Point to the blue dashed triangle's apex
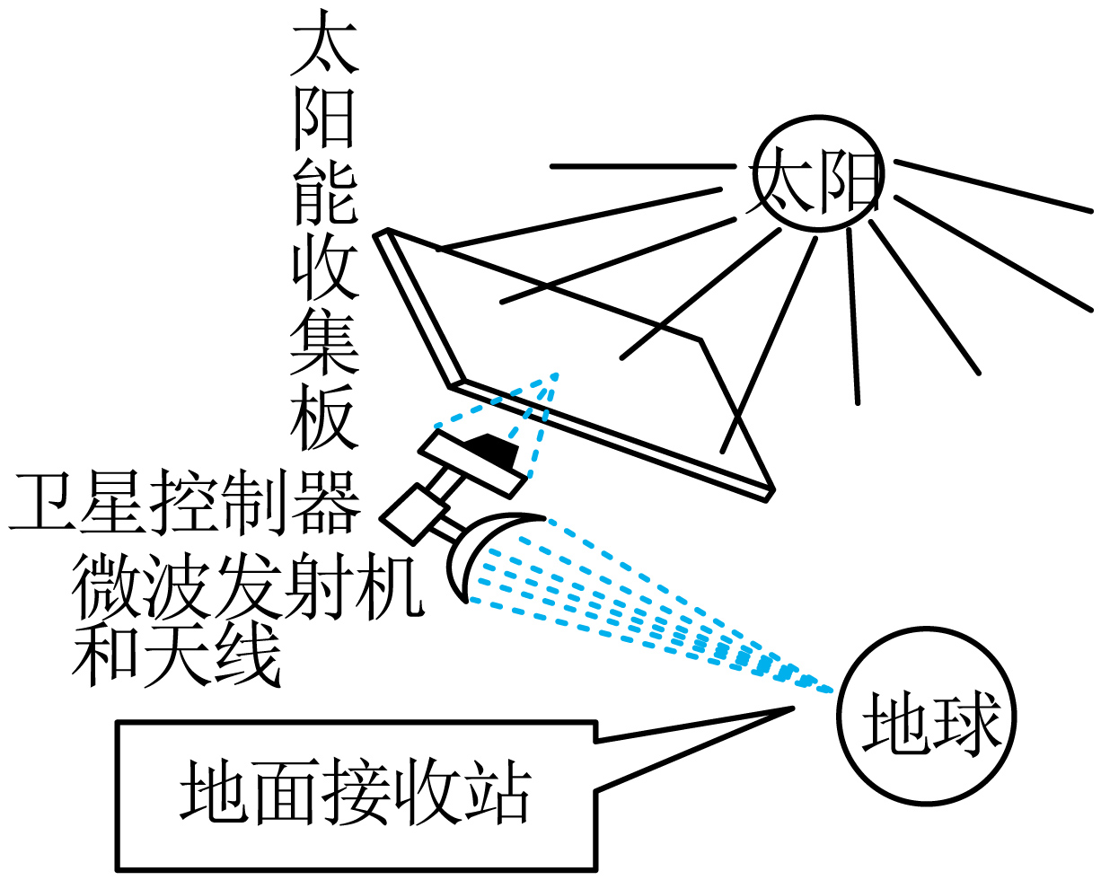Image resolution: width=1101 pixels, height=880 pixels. point(556,374)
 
